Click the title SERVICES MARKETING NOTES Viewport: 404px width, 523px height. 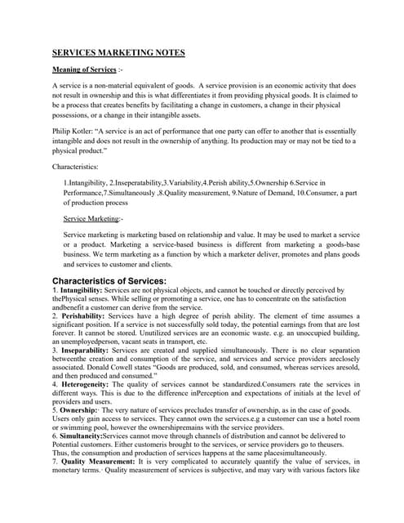(118, 53)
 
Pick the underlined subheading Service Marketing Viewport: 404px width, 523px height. (91, 219)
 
